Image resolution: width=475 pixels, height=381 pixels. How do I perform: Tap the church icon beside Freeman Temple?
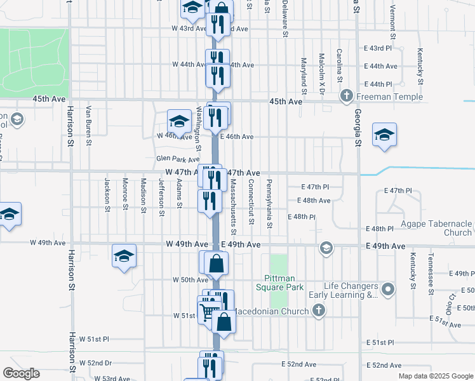click(x=346, y=97)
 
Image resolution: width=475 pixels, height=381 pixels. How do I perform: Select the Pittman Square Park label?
click(x=293, y=283)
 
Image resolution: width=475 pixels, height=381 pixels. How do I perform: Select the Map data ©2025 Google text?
click(x=435, y=376)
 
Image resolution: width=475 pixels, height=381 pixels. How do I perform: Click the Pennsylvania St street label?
click(x=269, y=204)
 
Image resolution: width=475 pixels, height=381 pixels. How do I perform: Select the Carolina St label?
click(x=340, y=66)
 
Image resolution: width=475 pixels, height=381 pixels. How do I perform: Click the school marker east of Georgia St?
click(x=384, y=135)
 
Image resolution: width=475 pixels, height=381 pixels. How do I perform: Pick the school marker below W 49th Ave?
click(x=124, y=256)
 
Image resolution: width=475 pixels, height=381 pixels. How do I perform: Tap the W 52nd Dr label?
click(x=95, y=363)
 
